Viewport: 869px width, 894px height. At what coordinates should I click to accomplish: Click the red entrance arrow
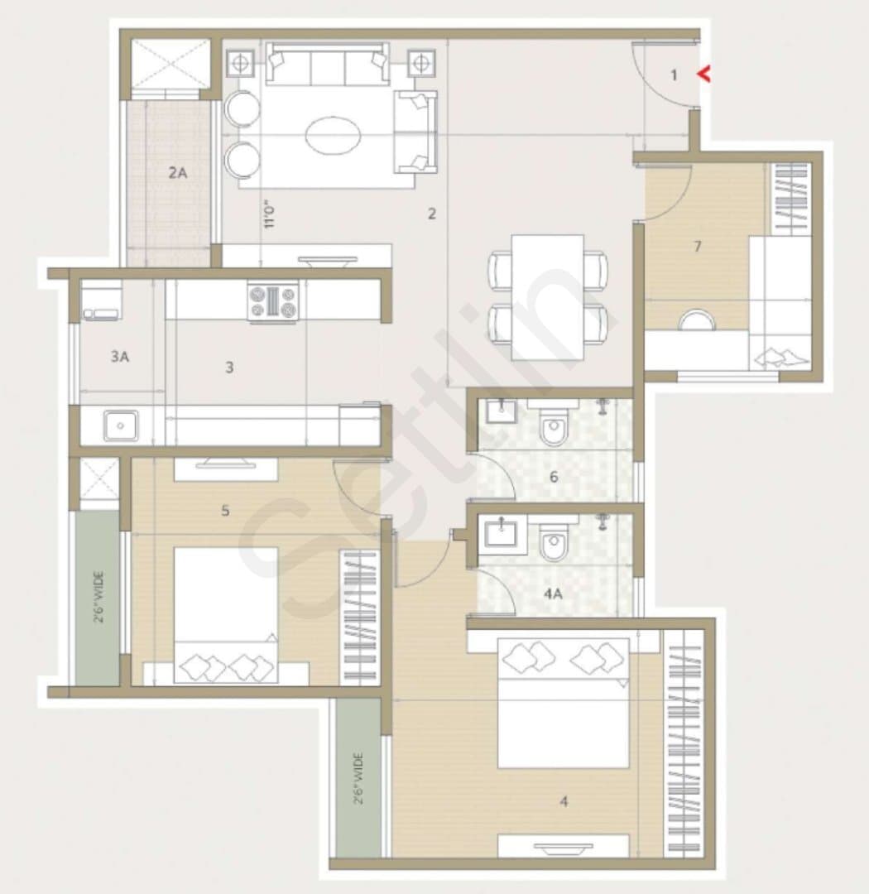pos(704,74)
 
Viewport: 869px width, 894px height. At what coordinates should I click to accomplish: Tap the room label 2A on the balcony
pos(178,172)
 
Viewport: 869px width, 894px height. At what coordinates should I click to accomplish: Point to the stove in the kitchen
pos(273,301)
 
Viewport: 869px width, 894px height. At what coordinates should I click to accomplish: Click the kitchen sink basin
pos(120,426)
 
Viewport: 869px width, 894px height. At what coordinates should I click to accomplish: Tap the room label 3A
pos(120,357)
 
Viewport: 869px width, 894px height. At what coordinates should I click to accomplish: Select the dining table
pos(547,297)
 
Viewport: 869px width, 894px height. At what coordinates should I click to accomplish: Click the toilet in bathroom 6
pos(553,425)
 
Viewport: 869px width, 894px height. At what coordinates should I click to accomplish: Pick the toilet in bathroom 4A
pos(553,540)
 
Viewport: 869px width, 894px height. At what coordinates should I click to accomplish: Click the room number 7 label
pos(698,247)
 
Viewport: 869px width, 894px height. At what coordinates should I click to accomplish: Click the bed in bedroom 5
pos(226,614)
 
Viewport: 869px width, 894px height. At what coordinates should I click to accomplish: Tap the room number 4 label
pos(564,801)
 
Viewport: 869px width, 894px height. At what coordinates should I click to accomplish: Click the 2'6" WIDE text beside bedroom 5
pos(98,597)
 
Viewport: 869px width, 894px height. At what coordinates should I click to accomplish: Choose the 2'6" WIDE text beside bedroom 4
pos(358,779)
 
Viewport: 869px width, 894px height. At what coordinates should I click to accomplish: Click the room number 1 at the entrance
pos(674,74)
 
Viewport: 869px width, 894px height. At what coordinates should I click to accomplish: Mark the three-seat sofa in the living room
pos(327,63)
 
